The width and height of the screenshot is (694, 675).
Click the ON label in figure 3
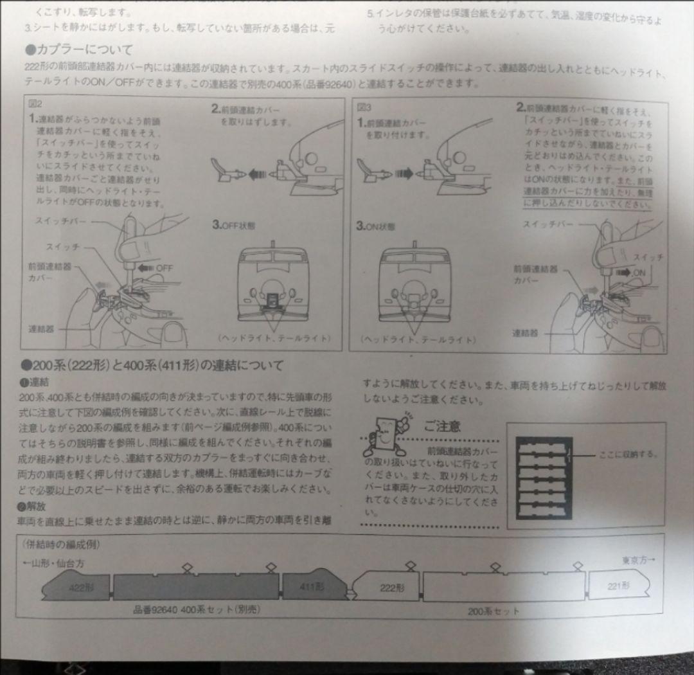pyautogui.click(x=639, y=273)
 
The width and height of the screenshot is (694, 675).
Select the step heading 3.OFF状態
pyautogui.click(x=235, y=225)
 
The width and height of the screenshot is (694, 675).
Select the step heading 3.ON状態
pyautogui.click(x=376, y=226)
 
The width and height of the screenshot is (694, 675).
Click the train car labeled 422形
pyautogui.click(x=76, y=586)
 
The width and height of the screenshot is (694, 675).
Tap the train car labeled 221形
pyautogui.click(x=618, y=585)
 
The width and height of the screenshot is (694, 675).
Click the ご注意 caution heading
pyautogui.click(x=442, y=426)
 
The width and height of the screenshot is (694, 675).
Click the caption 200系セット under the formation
pyautogui.click(x=493, y=611)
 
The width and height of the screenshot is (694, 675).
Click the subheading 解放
pyautogui.click(x=31, y=505)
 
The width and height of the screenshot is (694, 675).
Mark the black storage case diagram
pyautogui.click(x=544, y=478)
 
